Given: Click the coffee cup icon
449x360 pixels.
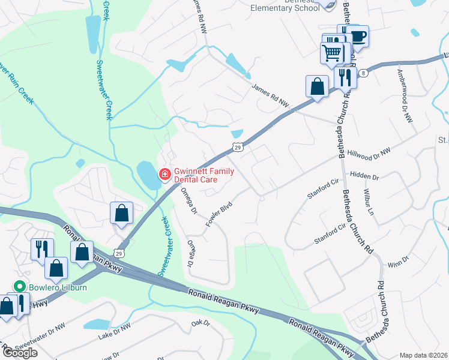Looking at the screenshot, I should point(358,36).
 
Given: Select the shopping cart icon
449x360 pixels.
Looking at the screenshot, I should point(332,53).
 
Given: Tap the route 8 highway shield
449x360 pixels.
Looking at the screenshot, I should point(364,73).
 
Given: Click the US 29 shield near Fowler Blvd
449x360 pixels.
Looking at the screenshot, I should point(238,147).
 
